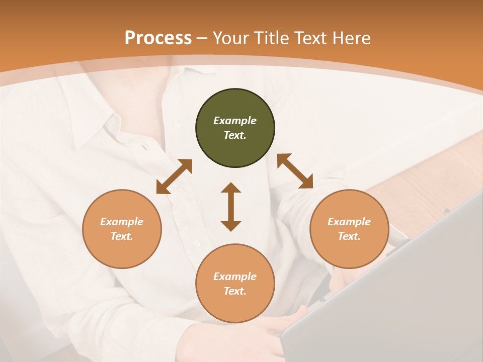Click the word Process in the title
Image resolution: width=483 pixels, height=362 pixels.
[x=158, y=38]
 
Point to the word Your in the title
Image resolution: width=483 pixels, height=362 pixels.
[x=231, y=38]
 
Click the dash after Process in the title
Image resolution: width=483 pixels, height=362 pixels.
[x=202, y=39]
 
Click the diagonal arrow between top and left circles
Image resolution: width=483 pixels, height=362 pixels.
[x=174, y=176]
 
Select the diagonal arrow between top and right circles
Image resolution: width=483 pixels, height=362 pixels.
[x=295, y=171]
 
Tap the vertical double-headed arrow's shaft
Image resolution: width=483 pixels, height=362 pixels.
[x=231, y=207]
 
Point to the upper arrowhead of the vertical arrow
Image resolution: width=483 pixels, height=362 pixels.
[x=231, y=188]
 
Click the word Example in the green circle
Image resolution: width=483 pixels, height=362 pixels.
[x=235, y=121]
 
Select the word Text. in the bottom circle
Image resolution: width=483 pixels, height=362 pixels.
[x=235, y=291]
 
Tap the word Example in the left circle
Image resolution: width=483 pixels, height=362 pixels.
[x=122, y=222]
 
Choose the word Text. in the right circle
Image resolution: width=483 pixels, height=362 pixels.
[x=349, y=236]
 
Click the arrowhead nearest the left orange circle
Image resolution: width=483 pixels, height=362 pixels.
[x=162, y=188]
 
